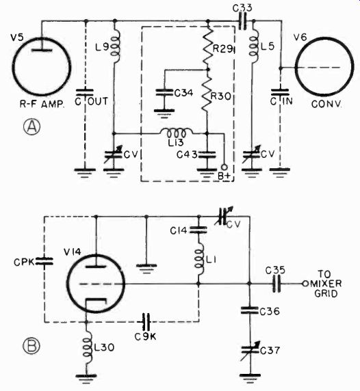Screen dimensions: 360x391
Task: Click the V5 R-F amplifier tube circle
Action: [12, 67]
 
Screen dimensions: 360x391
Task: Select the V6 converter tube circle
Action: [296, 66]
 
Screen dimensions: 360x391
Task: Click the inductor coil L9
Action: [116, 48]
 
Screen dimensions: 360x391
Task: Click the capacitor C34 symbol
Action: [164, 93]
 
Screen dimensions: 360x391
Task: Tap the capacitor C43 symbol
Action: [207, 154]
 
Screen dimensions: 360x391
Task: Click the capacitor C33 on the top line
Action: [242, 21]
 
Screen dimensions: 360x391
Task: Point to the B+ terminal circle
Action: [224, 167]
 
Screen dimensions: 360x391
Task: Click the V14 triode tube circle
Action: [68, 284]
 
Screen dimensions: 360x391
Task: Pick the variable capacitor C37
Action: [250, 351]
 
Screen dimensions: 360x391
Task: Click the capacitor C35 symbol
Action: [276, 283]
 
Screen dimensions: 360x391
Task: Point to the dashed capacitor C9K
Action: [146, 322]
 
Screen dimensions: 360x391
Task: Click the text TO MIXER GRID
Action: [326, 284]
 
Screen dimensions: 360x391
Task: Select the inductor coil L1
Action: [200, 262]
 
